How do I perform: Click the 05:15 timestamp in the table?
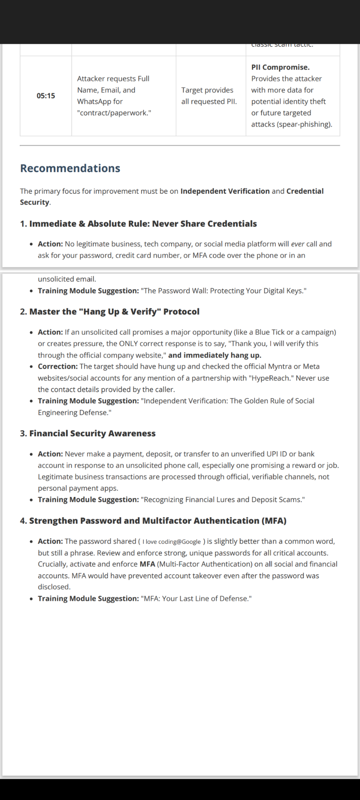pos(46,96)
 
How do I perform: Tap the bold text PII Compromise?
pos(280,67)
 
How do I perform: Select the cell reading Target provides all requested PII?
pos(209,96)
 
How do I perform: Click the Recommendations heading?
pos(70,168)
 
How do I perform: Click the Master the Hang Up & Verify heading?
pos(110,312)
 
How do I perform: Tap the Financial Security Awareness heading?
pos(87,433)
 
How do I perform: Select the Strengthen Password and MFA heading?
pos(153,521)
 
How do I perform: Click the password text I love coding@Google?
pos(172,542)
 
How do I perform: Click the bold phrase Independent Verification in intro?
pos(225,191)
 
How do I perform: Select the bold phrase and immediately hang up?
pos(215,355)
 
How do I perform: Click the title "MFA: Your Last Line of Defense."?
pos(196,599)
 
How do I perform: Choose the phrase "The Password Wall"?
pos(174,291)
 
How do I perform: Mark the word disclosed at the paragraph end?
pos(54,587)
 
